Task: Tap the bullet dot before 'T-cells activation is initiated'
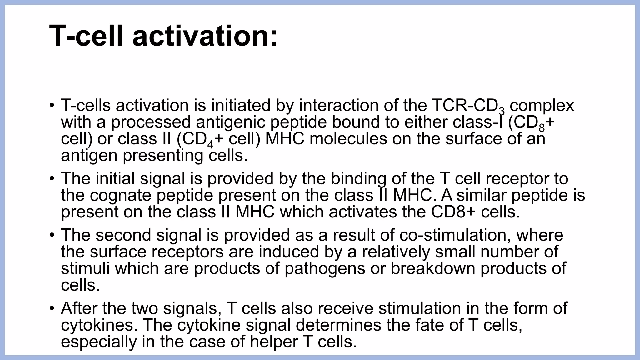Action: coord(52,105)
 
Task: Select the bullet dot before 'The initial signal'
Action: coord(52,178)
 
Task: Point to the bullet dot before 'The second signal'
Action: coord(52,235)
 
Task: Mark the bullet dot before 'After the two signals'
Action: coord(52,308)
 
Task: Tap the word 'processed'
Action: coord(151,122)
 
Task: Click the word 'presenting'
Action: coord(163,156)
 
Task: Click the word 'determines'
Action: coord(338,325)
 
